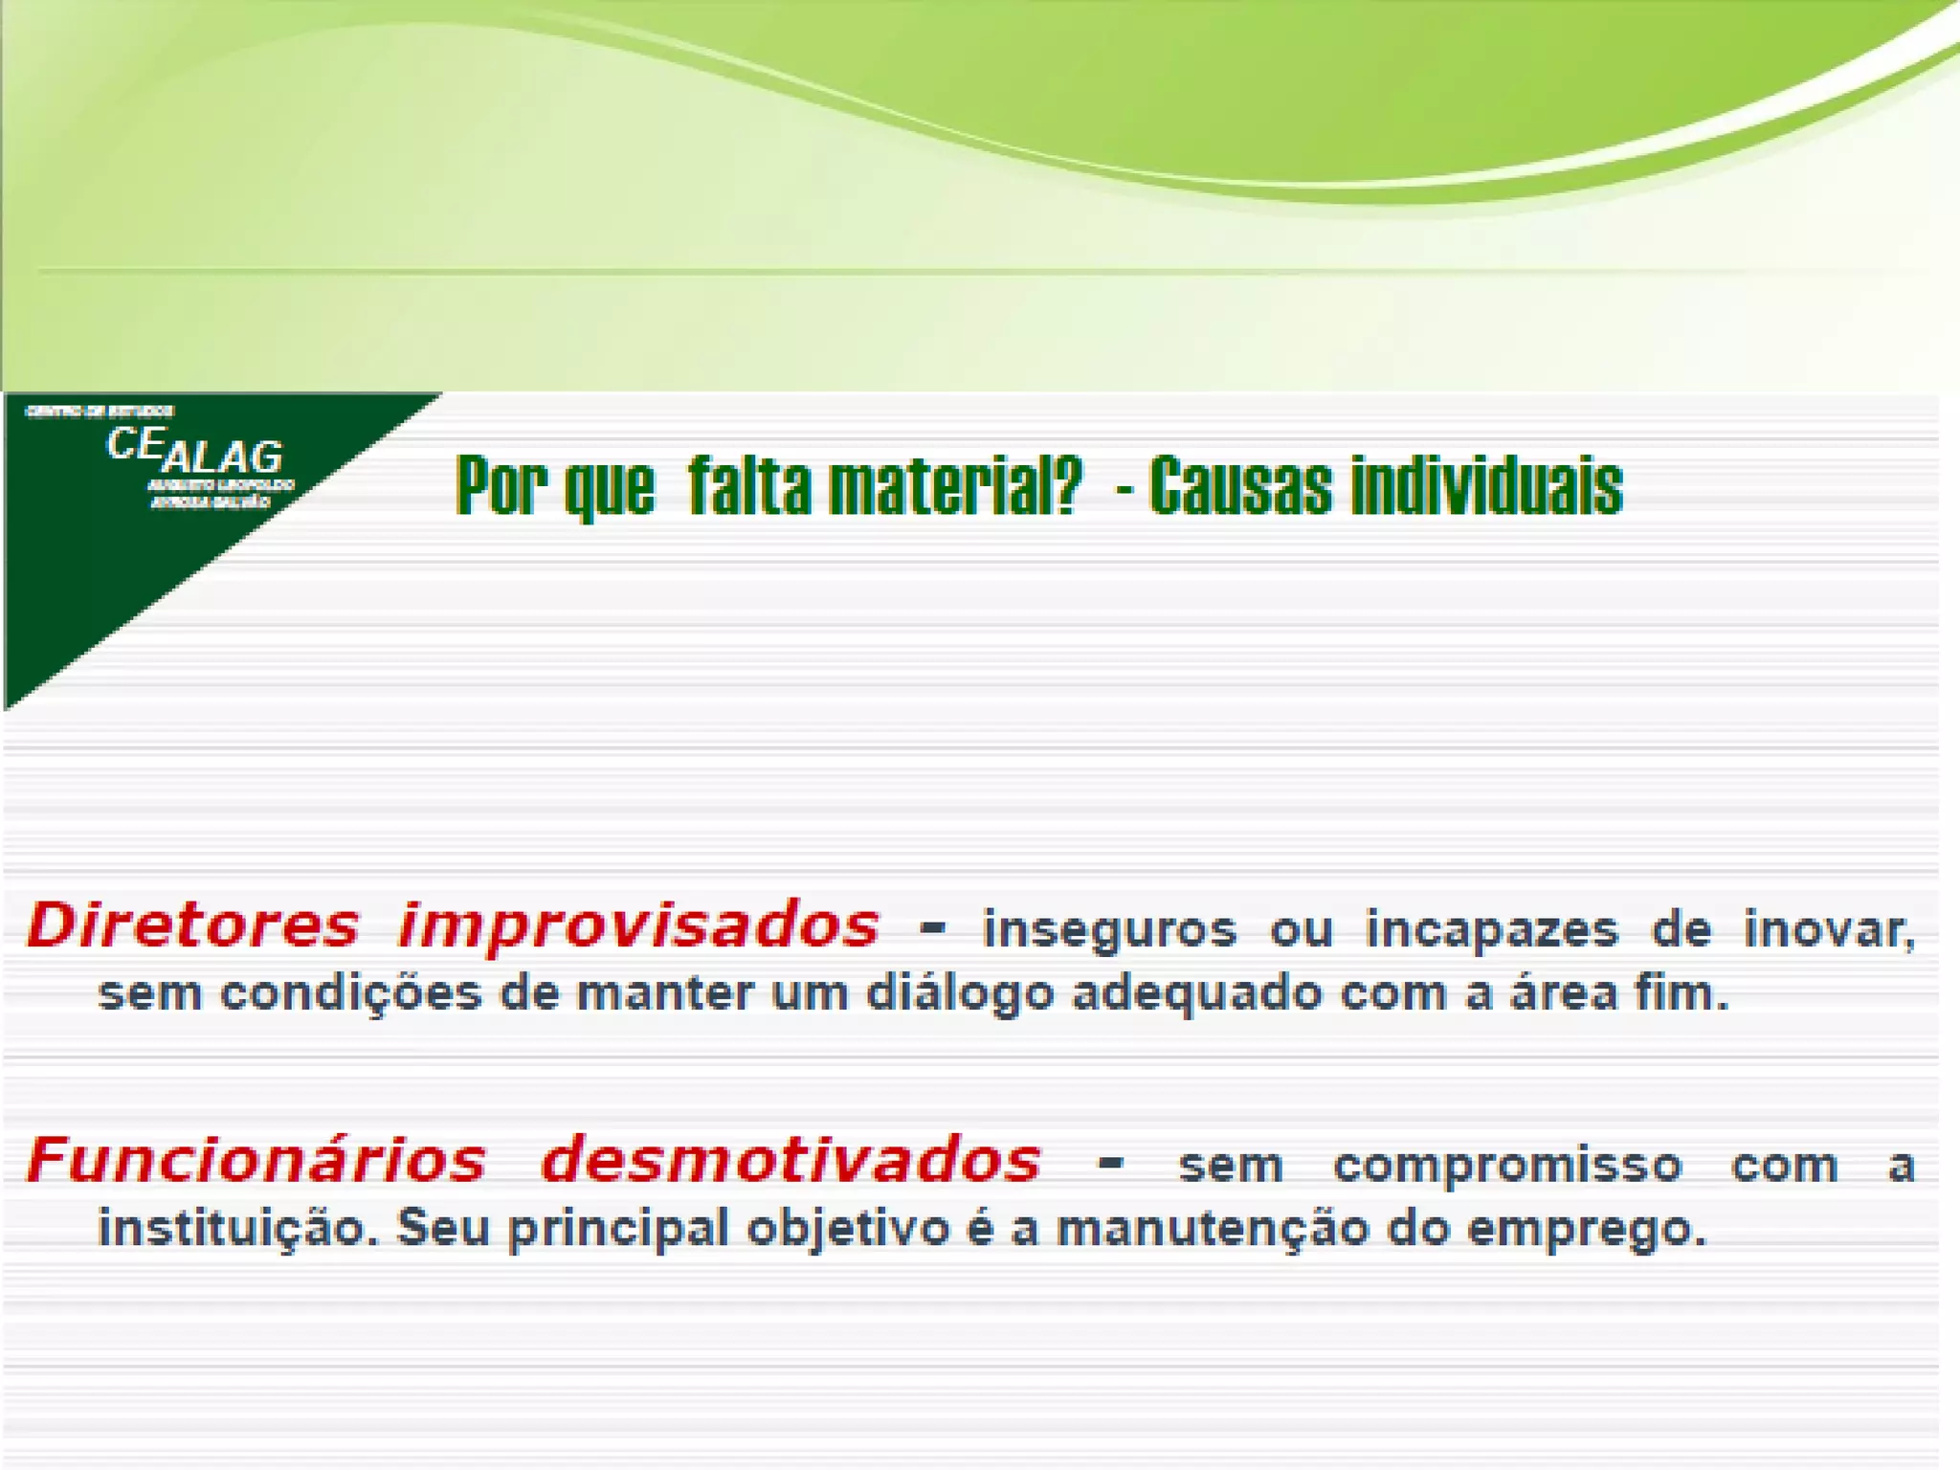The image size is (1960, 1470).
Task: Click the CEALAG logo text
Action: [194, 451]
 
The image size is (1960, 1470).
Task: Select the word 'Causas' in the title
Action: [1240, 486]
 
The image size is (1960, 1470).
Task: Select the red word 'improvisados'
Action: [638, 926]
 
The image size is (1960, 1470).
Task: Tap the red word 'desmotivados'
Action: [791, 1161]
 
